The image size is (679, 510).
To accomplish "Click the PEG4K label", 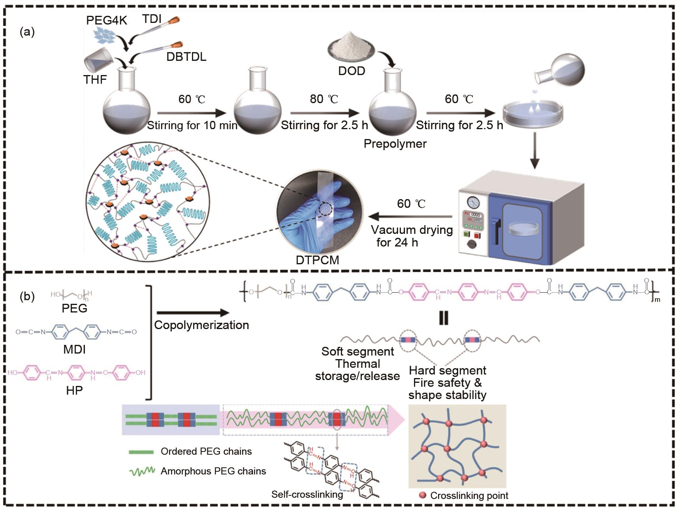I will click(x=107, y=20).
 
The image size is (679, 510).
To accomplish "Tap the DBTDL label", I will click(x=186, y=56).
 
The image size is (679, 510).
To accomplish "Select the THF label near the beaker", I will click(x=95, y=79).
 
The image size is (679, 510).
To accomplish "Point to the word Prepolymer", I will click(x=395, y=143).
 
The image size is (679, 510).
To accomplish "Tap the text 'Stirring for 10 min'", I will click(x=192, y=126).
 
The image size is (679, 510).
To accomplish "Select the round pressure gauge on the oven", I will click(x=473, y=203).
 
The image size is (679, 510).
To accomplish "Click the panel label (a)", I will click(x=27, y=32).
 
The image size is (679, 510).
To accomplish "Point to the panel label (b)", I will click(x=27, y=296).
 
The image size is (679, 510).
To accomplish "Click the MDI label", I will click(x=74, y=350).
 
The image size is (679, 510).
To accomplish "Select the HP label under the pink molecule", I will click(x=74, y=391).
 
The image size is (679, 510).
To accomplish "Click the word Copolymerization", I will click(x=201, y=325).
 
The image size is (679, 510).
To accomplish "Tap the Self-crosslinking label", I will click(x=307, y=494).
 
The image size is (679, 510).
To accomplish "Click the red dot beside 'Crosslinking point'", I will click(x=423, y=495).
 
